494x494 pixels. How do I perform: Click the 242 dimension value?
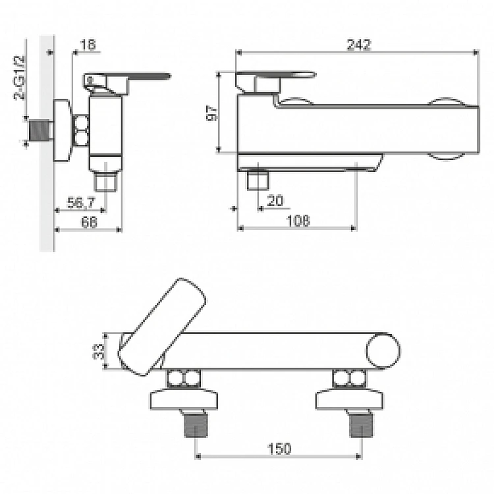[359, 44]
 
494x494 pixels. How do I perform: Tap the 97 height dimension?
[212, 113]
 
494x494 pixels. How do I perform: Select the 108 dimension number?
[298, 221]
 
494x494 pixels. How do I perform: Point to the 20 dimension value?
[275, 201]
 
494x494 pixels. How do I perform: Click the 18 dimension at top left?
[88, 45]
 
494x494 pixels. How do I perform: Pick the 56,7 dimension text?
[81, 203]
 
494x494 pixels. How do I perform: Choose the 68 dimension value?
[89, 222]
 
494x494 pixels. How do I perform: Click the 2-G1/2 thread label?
[19, 78]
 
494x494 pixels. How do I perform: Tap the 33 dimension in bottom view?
[98, 351]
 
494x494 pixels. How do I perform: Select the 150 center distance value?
[279, 449]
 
